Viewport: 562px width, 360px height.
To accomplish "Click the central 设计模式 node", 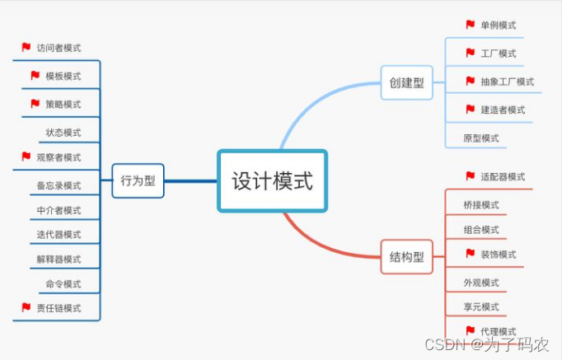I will pyautogui.click(x=272, y=180).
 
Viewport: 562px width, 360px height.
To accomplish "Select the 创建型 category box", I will pyautogui.click(x=406, y=82).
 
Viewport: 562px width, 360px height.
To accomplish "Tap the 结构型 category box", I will pyautogui.click(x=406, y=257).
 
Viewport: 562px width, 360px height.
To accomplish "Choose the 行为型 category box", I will pyautogui.click(x=138, y=180).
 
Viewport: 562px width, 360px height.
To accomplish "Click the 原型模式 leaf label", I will pyautogui.click(x=481, y=138).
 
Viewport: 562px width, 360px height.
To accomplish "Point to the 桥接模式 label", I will pyautogui.click(x=481, y=205).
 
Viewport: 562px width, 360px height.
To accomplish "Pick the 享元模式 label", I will pyautogui.click(x=481, y=307).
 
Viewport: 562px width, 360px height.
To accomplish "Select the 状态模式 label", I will pyautogui.click(x=63, y=133).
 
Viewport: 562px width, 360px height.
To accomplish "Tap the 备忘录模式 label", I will pyautogui.click(x=59, y=186).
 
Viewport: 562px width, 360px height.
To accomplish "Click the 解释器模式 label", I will pyautogui.click(x=59, y=259).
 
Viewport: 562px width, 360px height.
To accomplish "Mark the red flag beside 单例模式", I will pyautogui.click(x=471, y=25).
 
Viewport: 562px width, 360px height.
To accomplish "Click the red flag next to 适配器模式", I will pyautogui.click(x=471, y=176).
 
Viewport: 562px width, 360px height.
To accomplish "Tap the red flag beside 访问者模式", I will pyautogui.click(x=26, y=48).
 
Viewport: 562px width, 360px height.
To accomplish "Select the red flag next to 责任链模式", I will pyautogui.click(x=26, y=307).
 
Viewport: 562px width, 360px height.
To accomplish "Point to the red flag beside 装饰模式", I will pyautogui.click(x=471, y=254).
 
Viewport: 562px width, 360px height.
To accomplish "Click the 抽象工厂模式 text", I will pyautogui.click(x=507, y=82).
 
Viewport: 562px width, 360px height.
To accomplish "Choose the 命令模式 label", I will pyautogui.click(x=63, y=284).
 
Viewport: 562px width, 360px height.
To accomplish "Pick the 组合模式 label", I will pyautogui.click(x=481, y=230).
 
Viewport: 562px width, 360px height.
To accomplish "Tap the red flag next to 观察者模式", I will pyautogui.click(x=26, y=157).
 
